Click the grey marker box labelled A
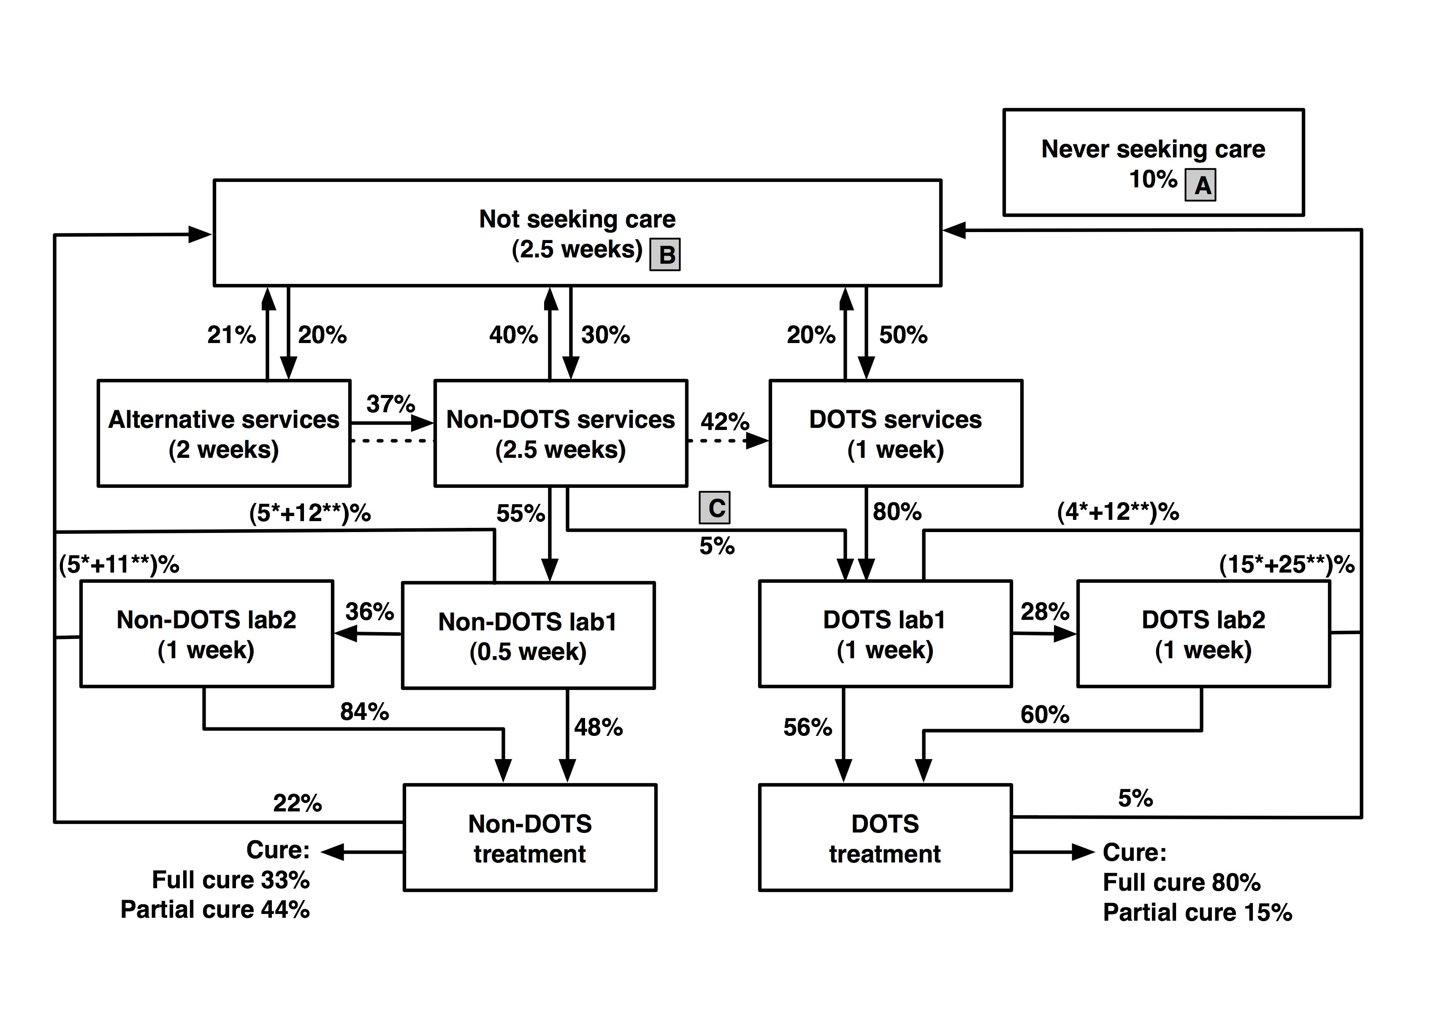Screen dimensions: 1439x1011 pos(1200,185)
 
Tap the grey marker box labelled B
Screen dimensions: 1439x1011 pos(665,254)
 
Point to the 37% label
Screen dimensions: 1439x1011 pos(390,404)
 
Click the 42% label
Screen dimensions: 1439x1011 pos(724,422)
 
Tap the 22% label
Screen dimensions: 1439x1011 pos(297,803)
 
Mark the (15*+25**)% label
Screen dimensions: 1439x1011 pos(1287,565)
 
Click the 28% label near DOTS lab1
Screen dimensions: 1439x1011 pos(1045,611)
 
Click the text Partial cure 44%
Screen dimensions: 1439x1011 pos(215,910)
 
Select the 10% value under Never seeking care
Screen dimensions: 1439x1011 pos(1152,179)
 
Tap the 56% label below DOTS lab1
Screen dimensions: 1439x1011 pos(807,727)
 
